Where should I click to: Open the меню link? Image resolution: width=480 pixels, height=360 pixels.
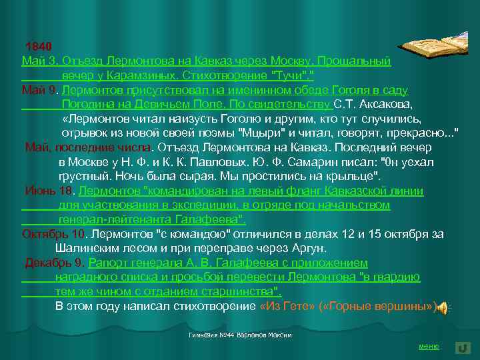pyautogui.click(x=428, y=346)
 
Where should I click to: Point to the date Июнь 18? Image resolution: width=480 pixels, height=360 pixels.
pyautogui.click(x=50, y=191)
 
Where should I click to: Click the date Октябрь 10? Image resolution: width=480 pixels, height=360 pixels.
pyautogui.click(x=54, y=234)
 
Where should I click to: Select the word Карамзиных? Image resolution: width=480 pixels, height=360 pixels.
pyautogui.click(x=139, y=75)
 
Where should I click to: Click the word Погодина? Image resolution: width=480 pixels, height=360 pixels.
pyautogui.click(x=86, y=105)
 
